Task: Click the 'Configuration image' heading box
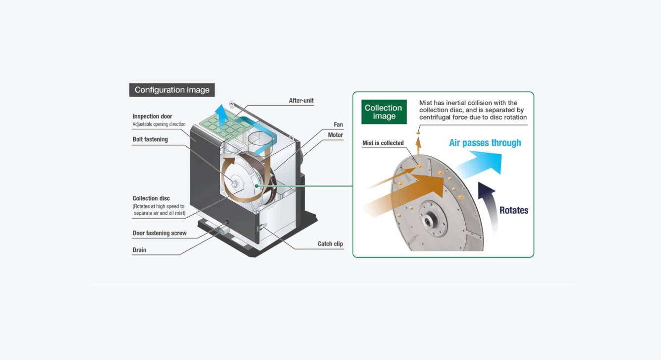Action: pos(172,90)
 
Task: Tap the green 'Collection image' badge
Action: pos(384,112)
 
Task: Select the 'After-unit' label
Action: pos(301,101)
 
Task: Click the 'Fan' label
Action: pos(338,124)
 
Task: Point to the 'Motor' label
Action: pos(335,135)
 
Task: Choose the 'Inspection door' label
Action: pos(152,117)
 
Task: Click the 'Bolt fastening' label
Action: pos(150,139)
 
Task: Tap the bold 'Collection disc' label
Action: pos(151,198)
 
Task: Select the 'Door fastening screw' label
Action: pos(160,233)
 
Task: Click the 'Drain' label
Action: pos(139,250)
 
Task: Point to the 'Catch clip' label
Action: pos(330,244)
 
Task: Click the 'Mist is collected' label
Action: pos(383,143)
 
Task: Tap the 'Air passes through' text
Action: pos(485,143)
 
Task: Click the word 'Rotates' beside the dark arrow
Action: pos(513,210)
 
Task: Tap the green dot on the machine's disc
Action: pos(256,186)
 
